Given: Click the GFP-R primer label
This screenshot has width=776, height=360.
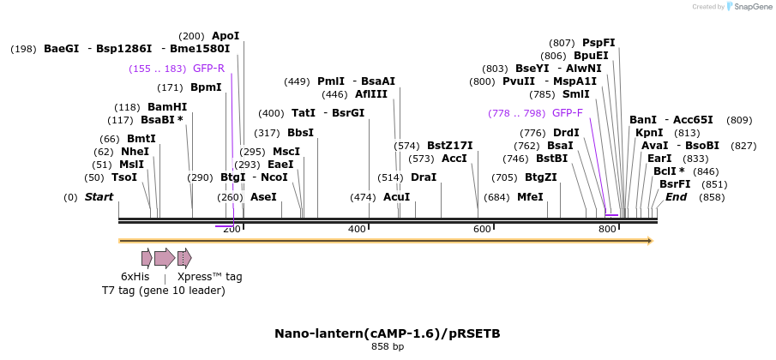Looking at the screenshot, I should coord(208,69).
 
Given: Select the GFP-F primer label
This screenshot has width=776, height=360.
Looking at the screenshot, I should coord(568,113).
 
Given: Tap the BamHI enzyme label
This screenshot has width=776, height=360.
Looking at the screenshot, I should coord(167,107).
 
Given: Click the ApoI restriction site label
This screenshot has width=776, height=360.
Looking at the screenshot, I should coord(226,36).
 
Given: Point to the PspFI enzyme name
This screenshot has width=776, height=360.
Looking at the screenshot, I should coord(599,43).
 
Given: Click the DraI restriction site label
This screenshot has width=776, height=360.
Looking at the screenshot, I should coord(424,177).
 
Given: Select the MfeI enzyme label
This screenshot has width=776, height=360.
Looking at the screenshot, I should coord(530,197).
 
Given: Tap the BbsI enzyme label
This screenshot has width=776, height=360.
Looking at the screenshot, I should coord(300,133).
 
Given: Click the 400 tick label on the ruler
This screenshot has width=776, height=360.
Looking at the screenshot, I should coord(357,230).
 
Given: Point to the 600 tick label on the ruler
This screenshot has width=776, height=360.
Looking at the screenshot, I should coord(482,230).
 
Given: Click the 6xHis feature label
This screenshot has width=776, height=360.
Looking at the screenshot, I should coord(135,277).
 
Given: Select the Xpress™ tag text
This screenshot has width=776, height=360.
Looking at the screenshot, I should coord(209,277).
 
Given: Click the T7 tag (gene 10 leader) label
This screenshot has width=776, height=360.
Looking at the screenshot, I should coord(163,291).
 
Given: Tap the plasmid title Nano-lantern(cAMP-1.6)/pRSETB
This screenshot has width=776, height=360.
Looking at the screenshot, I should coord(388,333).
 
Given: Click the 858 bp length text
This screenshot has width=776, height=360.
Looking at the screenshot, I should coord(388,346).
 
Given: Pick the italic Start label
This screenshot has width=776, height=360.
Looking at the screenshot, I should coord(99,197).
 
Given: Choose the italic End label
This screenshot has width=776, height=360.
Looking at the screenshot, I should coord(676,197).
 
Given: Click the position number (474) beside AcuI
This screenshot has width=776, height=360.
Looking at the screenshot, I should coord(364,197).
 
